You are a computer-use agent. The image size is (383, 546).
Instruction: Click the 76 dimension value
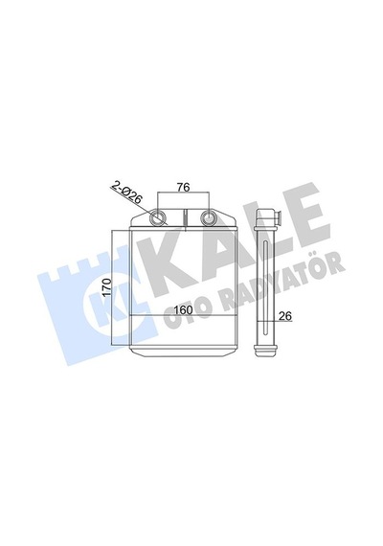coord(183,188)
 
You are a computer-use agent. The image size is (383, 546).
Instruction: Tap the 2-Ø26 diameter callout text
coord(126,193)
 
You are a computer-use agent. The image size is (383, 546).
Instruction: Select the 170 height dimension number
coord(107,287)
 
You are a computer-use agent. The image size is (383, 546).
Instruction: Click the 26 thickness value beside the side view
coord(285,315)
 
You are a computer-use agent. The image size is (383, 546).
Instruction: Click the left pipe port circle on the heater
coord(158,217)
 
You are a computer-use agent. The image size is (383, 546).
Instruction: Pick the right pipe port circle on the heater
coord(209,217)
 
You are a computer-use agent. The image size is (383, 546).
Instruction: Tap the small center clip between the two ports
coord(186,219)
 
